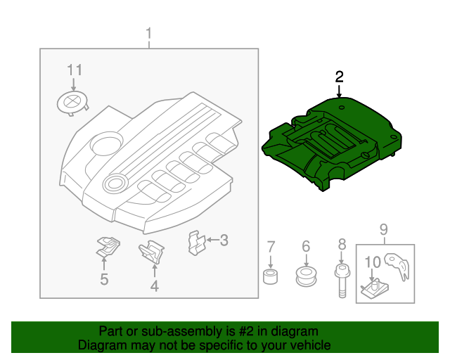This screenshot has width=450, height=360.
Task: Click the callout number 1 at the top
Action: click(148, 34)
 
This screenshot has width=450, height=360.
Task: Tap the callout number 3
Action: click(224, 241)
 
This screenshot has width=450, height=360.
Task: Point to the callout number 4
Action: click(154, 285)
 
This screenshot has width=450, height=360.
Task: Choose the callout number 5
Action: click(104, 280)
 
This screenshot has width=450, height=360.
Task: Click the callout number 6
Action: click(306, 246)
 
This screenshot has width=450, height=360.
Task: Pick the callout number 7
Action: click(271, 246)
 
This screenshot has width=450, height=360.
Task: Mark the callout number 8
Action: click(342, 244)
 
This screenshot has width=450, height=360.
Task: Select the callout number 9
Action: click(384, 229)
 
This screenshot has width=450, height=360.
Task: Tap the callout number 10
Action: click(373, 262)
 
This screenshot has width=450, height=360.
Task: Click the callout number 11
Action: click(75, 70)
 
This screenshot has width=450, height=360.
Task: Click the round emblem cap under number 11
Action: click(72, 103)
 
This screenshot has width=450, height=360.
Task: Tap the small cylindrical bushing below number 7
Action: click(271, 275)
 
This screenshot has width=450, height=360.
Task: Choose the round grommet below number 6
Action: click(306, 275)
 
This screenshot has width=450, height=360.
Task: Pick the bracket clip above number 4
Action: click(151, 251)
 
